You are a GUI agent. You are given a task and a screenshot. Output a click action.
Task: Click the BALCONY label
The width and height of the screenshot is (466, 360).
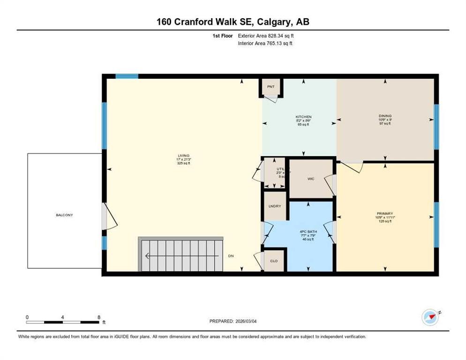click(64, 215)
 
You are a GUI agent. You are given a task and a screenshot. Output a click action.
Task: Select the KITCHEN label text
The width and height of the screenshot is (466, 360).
click(303, 117)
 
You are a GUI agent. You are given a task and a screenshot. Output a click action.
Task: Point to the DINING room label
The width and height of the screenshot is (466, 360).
click(385, 116)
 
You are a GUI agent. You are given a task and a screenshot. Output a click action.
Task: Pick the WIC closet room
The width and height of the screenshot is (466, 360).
click(310, 179)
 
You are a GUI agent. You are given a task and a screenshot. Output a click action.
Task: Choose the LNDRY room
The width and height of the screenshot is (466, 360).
click(274, 206)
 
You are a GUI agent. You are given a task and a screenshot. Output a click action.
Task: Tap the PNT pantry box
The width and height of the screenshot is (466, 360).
click(271, 87)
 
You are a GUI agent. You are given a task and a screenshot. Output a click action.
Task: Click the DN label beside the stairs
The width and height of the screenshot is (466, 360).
click(231, 256)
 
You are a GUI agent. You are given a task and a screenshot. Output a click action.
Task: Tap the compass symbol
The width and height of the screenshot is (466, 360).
click(430, 317)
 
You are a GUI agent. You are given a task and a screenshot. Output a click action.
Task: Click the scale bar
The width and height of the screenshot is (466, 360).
click(63, 322)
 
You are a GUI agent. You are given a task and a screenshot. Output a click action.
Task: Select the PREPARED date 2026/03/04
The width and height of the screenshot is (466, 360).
click(233, 321)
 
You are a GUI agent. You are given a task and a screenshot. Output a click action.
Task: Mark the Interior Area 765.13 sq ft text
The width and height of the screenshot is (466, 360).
click(266, 44)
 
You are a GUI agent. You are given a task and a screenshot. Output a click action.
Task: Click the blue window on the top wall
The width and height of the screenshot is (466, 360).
click(127, 76)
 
